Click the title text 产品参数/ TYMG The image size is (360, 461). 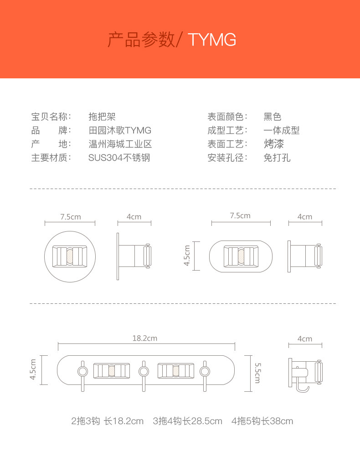pyautogui.click(x=172, y=40)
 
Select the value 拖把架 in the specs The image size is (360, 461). pyautogui.click(x=102, y=117)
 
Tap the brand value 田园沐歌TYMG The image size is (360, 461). pyautogui.click(x=120, y=131)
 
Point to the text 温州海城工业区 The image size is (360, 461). pyautogui.click(x=120, y=144)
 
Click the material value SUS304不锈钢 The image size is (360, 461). pyautogui.click(x=119, y=158)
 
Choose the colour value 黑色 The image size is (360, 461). pyautogui.click(x=273, y=117)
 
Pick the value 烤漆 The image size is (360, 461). pyautogui.click(x=273, y=144)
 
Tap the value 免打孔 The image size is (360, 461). pyautogui.click(x=277, y=158)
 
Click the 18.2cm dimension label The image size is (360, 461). pyautogui.click(x=144, y=338)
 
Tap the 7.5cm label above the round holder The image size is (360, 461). pyautogui.click(x=70, y=217)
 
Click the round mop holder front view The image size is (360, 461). pyautogui.click(x=70, y=256)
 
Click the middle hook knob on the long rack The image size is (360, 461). pyautogui.click(x=143, y=371)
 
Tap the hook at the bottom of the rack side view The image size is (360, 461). pyautogui.click(x=303, y=389)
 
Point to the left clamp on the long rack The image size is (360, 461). pyautogui.click(x=111, y=371)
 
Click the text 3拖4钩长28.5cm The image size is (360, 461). pyautogui.click(x=187, y=421)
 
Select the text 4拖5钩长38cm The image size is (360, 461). pyautogui.click(x=262, y=421)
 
